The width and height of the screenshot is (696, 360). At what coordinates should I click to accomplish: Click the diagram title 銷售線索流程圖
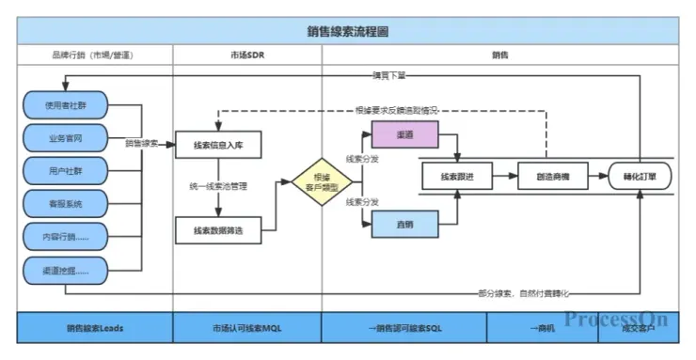point(348,31)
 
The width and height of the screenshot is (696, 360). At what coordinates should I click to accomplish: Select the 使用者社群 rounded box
point(65,105)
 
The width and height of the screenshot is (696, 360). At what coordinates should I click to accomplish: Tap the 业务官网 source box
point(65,138)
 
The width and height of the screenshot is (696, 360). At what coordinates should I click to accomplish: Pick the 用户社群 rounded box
point(65,171)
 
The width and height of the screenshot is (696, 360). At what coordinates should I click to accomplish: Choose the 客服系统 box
point(65,204)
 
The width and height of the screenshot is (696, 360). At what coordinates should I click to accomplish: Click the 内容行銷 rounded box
point(65,237)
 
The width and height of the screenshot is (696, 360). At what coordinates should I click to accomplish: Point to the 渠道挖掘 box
point(65,271)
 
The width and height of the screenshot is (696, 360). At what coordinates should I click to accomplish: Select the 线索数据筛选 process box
point(218,229)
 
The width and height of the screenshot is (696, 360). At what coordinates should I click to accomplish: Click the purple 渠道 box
point(407,135)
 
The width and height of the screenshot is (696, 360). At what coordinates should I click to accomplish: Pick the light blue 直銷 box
point(407,223)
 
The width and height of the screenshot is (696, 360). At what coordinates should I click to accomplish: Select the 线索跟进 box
point(456,176)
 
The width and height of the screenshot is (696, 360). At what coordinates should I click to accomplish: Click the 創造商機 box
point(550,176)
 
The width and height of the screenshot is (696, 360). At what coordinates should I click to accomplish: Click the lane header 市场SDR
point(247,55)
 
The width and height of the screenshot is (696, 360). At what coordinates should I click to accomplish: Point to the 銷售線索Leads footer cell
point(95,328)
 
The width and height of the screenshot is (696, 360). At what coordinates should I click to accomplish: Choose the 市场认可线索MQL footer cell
point(247,328)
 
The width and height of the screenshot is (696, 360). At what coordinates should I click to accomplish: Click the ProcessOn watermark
point(616,319)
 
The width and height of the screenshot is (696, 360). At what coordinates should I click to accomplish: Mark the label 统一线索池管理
point(217,186)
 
